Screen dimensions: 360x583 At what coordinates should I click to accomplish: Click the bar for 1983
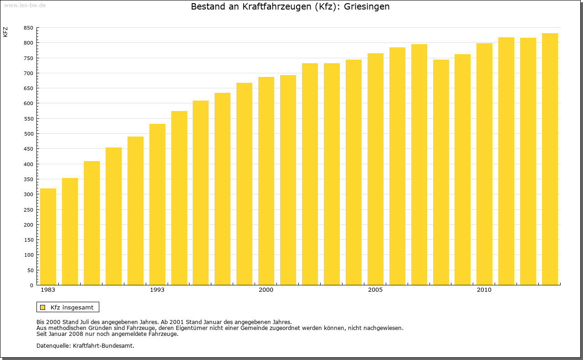[48, 237]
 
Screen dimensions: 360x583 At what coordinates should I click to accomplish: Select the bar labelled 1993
[157, 204]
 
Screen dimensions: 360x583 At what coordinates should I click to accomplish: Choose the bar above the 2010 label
[484, 164]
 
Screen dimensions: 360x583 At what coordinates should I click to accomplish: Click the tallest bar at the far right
[550, 159]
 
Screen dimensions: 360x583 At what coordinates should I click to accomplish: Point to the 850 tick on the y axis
[28, 28]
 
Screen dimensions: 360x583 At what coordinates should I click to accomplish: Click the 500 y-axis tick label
[28, 134]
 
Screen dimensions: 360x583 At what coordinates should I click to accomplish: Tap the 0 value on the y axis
[31, 285]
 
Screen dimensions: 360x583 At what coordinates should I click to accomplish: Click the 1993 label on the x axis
[157, 290]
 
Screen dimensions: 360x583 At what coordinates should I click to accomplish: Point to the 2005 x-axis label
[375, 290]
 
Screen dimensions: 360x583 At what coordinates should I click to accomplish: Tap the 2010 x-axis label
[484, 290]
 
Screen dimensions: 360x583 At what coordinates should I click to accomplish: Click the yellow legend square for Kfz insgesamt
[42, 307]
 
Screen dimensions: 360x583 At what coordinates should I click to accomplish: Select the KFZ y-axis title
[5, 32]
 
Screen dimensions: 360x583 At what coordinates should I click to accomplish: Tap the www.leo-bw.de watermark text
[24, 5]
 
